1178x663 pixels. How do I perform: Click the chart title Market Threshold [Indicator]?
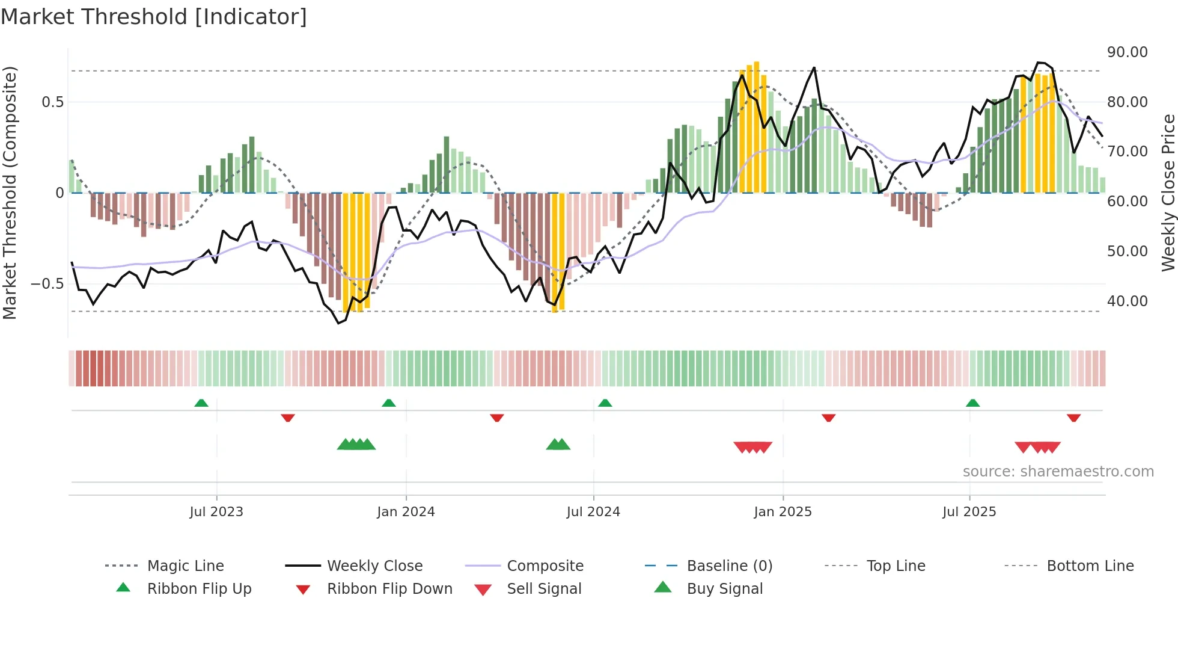pyautogui.click(x=154, y=17)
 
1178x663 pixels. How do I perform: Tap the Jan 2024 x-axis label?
pyautogui.click(x=406, y=512)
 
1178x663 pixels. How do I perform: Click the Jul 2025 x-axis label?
pyautogui.click(x=969, y=512)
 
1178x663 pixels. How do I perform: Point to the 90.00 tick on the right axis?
pyautogui.click(x=1127, y=52)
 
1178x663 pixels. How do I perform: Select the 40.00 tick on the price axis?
pyautogui.click(x=1127, y=301)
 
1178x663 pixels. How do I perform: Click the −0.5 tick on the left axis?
pyautogui.click(x=47, y=284)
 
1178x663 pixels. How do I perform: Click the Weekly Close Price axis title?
pyautogui.click(x=1168, y=193)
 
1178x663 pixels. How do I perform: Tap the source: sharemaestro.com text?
pyautogui.click(x=1058, y=472)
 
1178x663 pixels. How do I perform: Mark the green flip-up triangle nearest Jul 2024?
pyautogui.click(x=605, y=403)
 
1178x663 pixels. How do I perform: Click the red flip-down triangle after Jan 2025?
pyautogui.click(x=829, y=418)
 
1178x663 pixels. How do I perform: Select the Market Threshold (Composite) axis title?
pyautogui.click(x=10, y=193)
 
